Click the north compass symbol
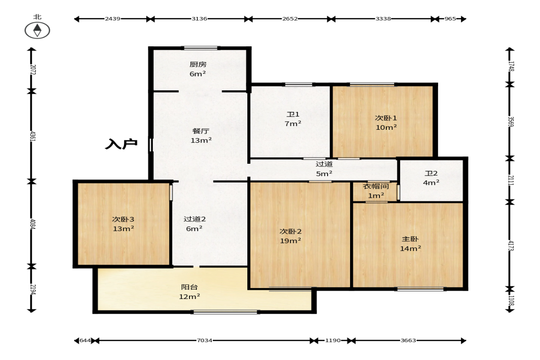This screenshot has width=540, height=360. pyautogui.click(x=37, y=30)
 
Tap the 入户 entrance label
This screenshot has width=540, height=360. pyautogui.click(x=121, y=144)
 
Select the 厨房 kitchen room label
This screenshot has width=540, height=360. pyautogui.click(x=198, y=64)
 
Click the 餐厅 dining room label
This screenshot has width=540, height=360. pyautogui.click(x=201, y=131)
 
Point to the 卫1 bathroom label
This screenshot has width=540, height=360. pyautogui.click(x=293, y=114)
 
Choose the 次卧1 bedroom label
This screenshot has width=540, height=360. pyautogui.click(x=386, y=118)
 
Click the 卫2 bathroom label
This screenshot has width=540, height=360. pyautogui.click(x=431, y=173)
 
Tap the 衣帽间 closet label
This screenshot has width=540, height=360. pyautogui.click(x=376, y=186)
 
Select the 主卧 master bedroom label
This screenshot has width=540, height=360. pyautogui.click(x=410, y=239)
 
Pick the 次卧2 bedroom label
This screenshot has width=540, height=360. pyautogui.click(x=290, y=231)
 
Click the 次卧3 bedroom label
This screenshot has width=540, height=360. pyautogui.click(x=123, y=219)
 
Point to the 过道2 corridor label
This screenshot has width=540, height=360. pyautogui.click(x=195, y=219)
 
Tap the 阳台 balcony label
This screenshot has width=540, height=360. pyautogui.click(x=189, y=287)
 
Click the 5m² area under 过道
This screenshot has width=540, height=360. pyautogui.click(x=324, y=173)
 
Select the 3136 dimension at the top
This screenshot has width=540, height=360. pyautogui.click(x=200, y=19)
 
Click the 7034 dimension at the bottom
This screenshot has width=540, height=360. pyautogui.click(x=205, y=340)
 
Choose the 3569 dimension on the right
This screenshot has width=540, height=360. pyautogui.click(x=511, y=122)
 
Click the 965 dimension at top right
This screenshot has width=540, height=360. pyautogui.click(x=450, y=19)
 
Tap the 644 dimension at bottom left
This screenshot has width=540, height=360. pyautogui.click(x=85, y=340)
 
